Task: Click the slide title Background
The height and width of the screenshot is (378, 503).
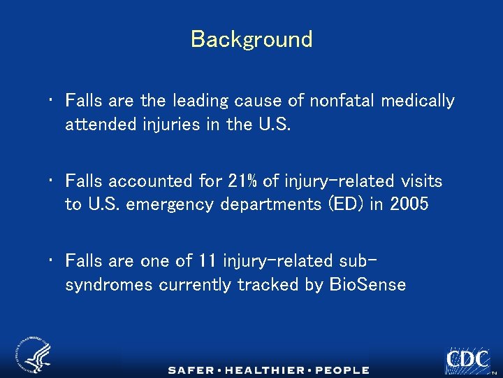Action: pos(251,39)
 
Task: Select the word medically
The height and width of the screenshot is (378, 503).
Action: pos(417,101)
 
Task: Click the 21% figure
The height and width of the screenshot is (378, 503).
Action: pos(243,181)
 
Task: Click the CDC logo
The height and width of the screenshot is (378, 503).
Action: pos(467,360)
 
